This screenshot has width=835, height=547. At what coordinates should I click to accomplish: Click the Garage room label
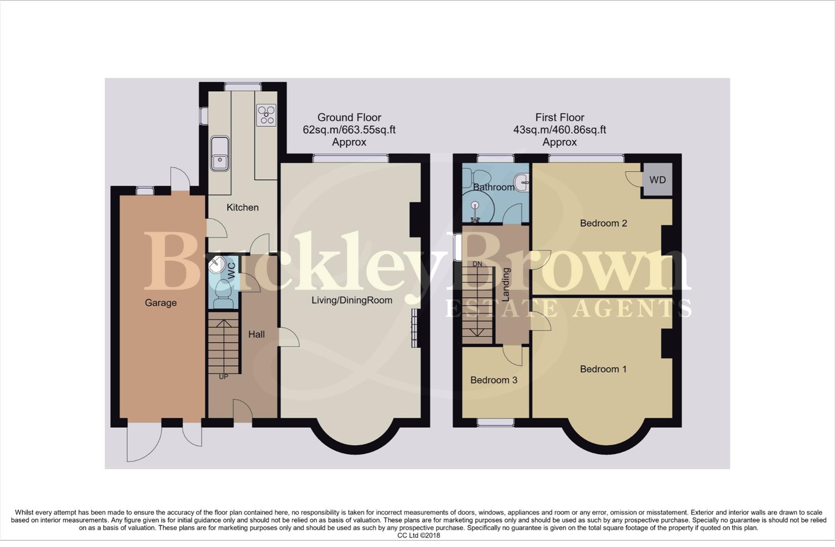click(x=161, y=303)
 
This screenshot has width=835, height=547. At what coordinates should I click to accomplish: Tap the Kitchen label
click(x=243, y=207)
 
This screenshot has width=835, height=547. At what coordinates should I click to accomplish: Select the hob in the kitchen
click(x=266, y=115)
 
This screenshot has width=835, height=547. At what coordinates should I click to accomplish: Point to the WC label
click(x=231, y=269)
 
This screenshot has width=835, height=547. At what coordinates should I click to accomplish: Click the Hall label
click(x=256, y=334)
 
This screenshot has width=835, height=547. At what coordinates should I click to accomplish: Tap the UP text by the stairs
click(x=223, y=377)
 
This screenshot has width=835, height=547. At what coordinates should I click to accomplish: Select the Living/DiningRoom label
click(x=352, y=300)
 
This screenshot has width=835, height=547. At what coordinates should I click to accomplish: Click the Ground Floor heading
click(x=349, y=118)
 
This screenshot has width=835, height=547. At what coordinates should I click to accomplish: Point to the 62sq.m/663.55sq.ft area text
click(x=349, y=130)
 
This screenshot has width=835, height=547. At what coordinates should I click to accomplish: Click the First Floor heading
click(x=560, y=118)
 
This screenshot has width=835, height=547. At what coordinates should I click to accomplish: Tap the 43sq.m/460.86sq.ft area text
click(x=560, y=130)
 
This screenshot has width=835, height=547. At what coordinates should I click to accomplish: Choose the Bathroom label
click(x=494, y=187)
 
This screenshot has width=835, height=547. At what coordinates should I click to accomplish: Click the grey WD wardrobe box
click(x=657, y=180)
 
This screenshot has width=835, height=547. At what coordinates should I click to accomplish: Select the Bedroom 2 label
click(x=603, y=223)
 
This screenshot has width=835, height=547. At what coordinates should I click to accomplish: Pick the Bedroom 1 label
click(x=603, y=369)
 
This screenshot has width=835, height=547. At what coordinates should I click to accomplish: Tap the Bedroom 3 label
click(x=494, y=380)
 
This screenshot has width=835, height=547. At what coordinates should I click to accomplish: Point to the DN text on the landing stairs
click(x=477, y=264)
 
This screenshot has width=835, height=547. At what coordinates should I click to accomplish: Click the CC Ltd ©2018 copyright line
click(x=419, y=535)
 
